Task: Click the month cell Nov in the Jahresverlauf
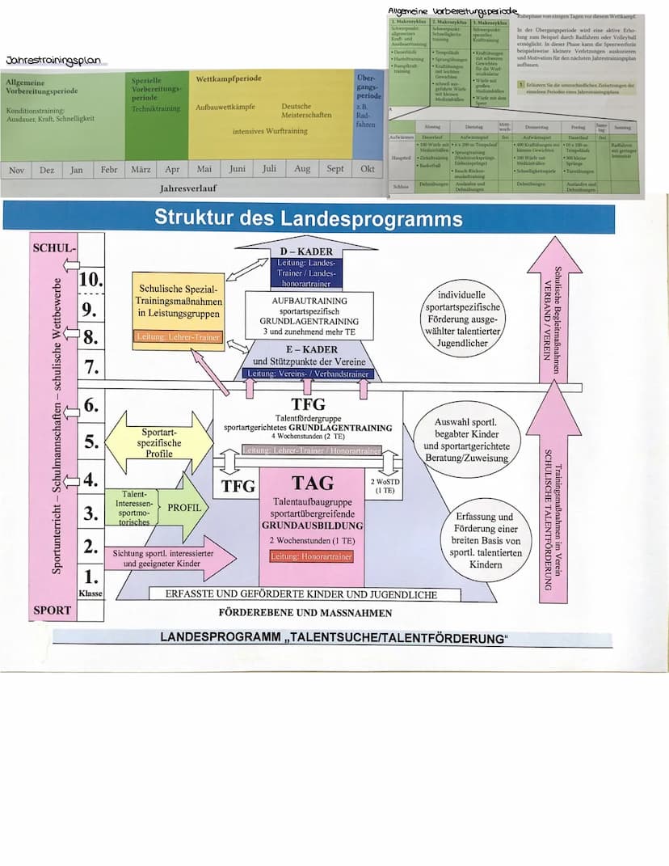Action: tap(17, 170)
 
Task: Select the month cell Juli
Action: tap(269, 170)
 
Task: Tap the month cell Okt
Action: tap(368, 170)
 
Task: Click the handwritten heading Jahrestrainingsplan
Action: tap(57, 60)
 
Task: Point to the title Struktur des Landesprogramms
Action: tap(309, 219)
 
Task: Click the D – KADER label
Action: tap(308, 251)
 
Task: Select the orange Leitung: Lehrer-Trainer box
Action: tap(177, 336)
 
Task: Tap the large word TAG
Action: tap(312, 483)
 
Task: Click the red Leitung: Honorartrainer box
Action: tap(312, 556)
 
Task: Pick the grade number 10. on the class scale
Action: tap(92, 280)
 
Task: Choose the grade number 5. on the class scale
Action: tap(91, 442)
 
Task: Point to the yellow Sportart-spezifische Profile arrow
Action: tap(157, 442)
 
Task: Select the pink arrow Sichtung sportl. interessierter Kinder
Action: tap(169, 558)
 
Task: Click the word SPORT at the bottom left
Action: tap(52, 610)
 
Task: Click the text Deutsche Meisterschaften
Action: tap(306, 111)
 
